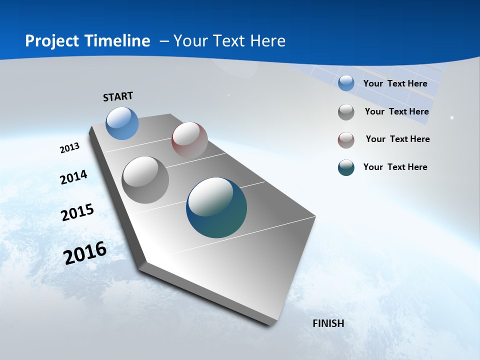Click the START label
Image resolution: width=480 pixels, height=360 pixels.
118,96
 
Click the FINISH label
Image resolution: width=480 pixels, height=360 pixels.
328,323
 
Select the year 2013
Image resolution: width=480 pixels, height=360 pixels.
70,148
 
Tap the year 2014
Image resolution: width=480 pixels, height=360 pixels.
74,177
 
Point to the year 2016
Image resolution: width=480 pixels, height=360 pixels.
85,253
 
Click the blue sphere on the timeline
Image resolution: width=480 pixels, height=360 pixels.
122,123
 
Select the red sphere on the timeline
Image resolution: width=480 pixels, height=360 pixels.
189,140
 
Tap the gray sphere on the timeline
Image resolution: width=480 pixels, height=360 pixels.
145,180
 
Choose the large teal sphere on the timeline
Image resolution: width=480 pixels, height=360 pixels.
216,207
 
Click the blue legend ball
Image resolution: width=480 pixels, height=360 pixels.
346,83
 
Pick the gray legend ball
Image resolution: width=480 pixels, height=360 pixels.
346,112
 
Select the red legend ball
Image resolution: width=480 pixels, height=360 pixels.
346,140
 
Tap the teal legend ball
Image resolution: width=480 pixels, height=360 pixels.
346,167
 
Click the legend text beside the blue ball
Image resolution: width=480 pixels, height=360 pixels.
395,83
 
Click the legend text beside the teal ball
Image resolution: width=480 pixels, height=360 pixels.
395,167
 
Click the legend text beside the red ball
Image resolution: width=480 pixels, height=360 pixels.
397,139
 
